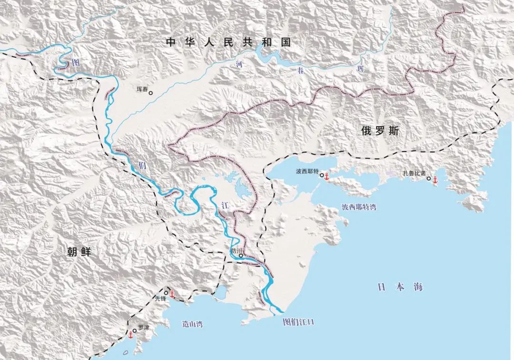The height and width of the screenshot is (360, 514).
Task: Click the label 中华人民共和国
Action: [228, 42]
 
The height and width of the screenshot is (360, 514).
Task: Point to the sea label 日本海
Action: [400, 287]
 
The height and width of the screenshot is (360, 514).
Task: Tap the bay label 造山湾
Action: [192, 324]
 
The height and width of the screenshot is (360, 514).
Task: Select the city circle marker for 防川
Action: [241, 256]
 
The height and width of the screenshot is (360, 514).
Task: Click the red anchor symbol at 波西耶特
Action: [326, 177]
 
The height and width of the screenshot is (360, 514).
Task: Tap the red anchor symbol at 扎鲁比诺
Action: [434, 180]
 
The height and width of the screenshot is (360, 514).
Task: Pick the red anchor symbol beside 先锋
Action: [172, 295]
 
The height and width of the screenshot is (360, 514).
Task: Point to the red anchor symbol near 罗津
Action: [129, 335]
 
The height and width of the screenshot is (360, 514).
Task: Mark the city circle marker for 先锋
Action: [166, 292]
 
